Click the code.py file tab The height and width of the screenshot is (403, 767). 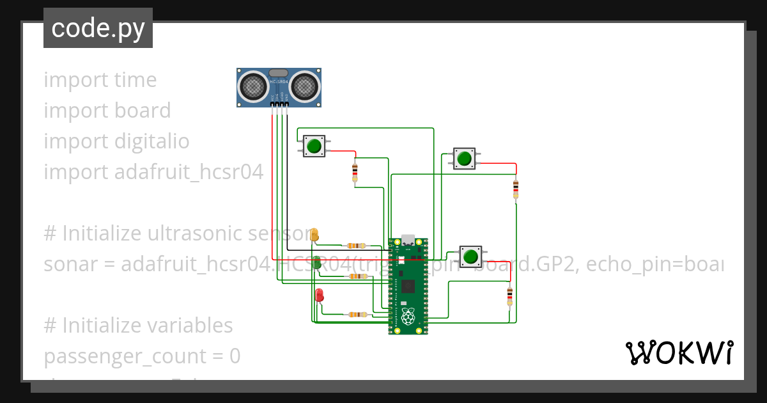98,28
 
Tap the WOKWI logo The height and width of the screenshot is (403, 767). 678,353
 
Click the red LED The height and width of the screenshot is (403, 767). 320,295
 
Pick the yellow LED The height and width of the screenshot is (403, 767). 314,235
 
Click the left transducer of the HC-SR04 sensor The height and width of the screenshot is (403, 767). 254,86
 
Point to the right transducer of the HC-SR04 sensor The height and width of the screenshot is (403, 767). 304,86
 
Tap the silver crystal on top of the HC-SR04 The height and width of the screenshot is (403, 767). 279,73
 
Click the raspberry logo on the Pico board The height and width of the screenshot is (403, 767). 408,316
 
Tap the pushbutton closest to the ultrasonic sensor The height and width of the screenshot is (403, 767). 313,146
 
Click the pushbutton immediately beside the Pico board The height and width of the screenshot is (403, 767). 471,257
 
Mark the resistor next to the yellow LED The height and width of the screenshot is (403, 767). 356,245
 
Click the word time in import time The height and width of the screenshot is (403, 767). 135,80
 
